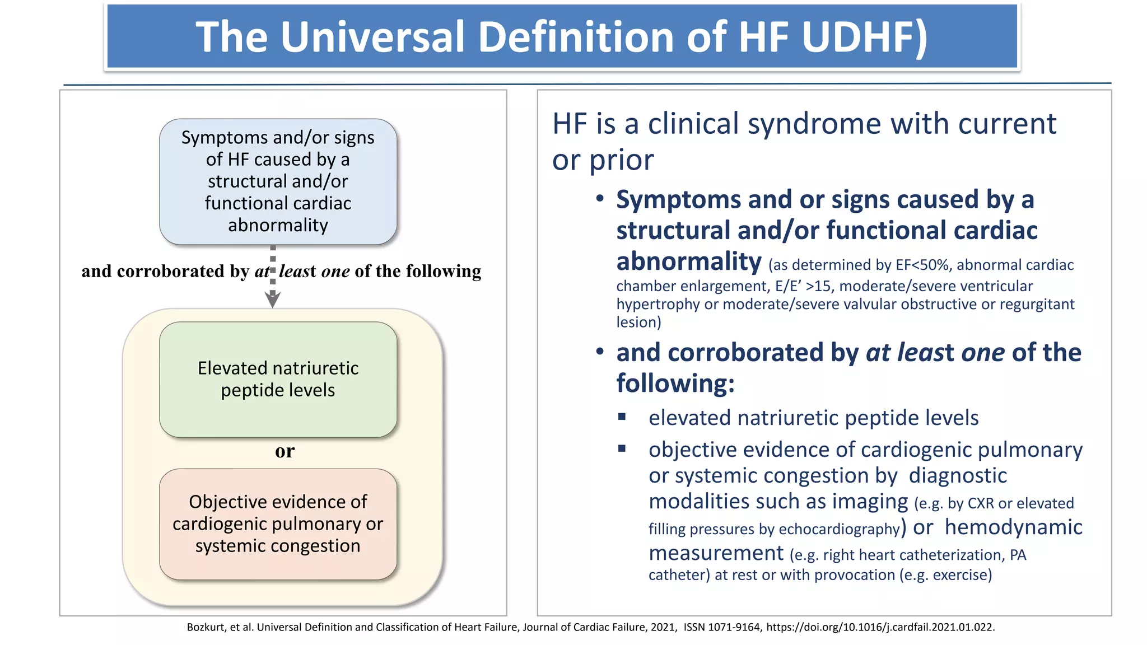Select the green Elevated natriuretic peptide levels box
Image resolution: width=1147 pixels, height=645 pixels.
tap(278, 379)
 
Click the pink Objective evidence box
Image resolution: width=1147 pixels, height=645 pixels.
tap(278, 524)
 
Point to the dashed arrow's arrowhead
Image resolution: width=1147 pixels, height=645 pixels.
tap(273, 301)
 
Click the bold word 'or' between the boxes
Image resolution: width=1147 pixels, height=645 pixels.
tap(285, 451)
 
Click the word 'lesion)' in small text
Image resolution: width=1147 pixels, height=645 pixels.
tap(638, 322)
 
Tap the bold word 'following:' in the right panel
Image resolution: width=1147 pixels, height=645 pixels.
tap(675, 384)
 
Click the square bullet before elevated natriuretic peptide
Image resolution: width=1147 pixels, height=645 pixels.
tap(622, 417)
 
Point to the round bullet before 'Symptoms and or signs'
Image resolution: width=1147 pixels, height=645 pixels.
tap(600, 199)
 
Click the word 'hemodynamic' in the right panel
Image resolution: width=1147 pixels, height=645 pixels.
tap(1013, 527)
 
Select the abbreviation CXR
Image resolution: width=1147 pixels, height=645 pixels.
tap(981, 503)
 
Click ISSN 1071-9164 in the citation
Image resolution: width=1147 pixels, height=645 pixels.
tap(722, 627)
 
